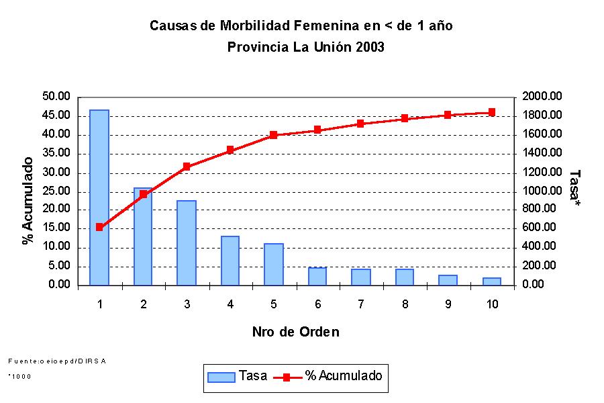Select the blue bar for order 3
[187, 242]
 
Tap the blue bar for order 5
[274, 264]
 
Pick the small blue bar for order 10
[492, 281]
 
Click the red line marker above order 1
[99, 227]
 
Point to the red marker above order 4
[230, 150]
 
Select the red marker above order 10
[492, 112]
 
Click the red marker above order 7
[361, 124]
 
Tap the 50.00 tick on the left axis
[56, 97]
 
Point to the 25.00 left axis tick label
[56, 191]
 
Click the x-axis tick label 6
[317, 304]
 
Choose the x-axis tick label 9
[448, 304]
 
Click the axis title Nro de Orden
[295, 332]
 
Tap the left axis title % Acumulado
[28, 200]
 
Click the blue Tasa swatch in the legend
[221, 377]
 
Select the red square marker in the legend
[287, 377]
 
